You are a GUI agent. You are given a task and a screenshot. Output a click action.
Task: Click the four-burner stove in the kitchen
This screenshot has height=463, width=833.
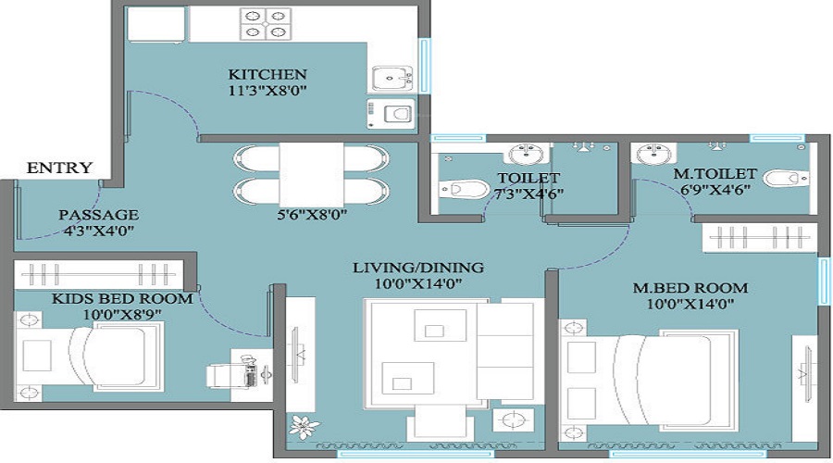(x=265, y=24)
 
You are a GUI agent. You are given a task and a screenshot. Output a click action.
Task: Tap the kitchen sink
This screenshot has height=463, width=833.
(x=392, y=79)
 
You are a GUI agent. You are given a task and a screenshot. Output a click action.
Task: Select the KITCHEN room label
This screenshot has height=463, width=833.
(x=267, y=74)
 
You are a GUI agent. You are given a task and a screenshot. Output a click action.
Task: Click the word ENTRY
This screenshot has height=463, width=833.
(x=59, y=168)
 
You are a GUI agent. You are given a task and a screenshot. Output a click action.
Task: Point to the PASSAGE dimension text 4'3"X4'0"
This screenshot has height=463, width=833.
(x=98, y=231)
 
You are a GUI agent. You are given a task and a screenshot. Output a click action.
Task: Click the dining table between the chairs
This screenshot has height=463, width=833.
(x=311, y=174)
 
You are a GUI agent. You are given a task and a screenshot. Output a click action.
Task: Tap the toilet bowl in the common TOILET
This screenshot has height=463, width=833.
(x=464, y=188)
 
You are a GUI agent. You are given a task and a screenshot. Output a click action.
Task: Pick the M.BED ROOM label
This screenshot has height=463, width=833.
(x=690, y=288)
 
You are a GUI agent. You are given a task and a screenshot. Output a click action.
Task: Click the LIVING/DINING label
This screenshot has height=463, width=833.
(x=418, y=268)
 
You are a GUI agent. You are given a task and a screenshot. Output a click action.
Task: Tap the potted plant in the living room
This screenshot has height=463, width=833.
(x=305, y=426)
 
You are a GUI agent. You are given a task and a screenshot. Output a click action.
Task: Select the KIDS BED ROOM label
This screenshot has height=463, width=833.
(x=122, y=299)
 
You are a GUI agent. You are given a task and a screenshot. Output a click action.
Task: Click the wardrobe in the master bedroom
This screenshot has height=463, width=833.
(x=759, y=238)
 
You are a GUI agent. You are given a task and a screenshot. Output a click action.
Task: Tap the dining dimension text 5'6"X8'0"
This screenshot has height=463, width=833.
(x=312, y=215)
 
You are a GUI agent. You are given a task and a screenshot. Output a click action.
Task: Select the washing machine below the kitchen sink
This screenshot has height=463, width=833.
(x=391, y=114)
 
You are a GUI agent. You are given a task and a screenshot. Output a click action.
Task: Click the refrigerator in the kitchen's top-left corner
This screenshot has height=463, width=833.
(x=156, y=24)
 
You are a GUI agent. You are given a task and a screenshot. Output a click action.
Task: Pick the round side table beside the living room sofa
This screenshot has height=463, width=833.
(x=513, y=420)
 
